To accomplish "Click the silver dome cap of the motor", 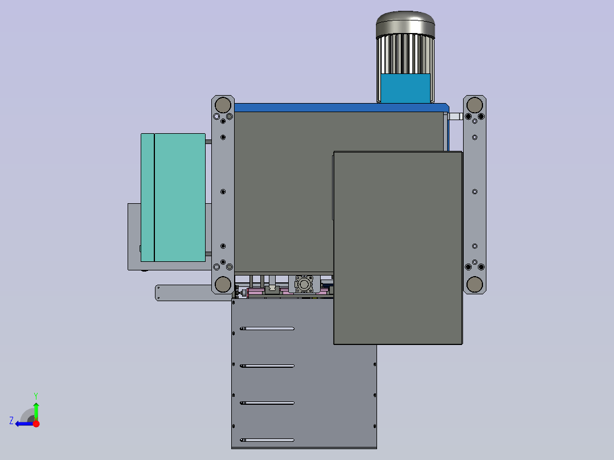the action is pyautogui.click(x=406, y=23).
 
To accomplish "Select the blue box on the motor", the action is pyautogui.click(x=406, y=88).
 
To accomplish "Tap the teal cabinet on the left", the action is pyautogui.click(x=173, y=198).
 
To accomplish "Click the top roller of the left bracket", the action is pyautogui.click(x=223, y=105).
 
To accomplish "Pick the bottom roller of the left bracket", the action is pyautogui.click(x=223, y=284).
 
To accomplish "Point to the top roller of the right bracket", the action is pyautogui.click(x=474, y=105).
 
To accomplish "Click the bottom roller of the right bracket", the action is pyautogui.click(x=474, y=284).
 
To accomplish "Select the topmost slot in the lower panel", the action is pyautogui.click(x=267, y=328).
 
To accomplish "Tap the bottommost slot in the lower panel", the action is pyautogui.click(x=267, y=440).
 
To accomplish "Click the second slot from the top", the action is pyautogui.click(x=267, y=366).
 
